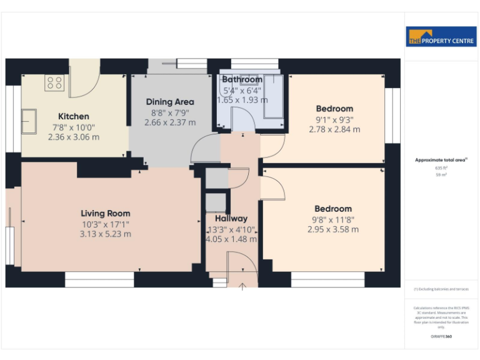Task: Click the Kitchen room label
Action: [74, 116]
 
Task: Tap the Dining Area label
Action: [170, 102]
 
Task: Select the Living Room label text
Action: [105, 214]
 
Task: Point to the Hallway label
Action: [231, 219]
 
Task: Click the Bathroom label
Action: [242, 80]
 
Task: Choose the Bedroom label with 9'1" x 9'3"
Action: [334, 109]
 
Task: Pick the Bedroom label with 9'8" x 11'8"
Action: [333, 209]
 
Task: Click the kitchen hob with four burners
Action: [54, 83]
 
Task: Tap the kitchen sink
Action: [29, 117]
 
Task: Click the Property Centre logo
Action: [441, 37]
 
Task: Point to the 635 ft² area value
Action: [441, 168]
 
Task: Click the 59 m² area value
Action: [441, 175]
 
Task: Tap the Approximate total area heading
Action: [441, 161]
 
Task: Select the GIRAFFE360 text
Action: [441, 337]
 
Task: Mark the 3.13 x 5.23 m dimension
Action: [105, 234]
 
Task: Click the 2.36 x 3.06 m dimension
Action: [74, 137]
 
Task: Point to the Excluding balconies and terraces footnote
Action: [441, 289]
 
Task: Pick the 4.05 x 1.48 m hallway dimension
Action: [231, 239]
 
